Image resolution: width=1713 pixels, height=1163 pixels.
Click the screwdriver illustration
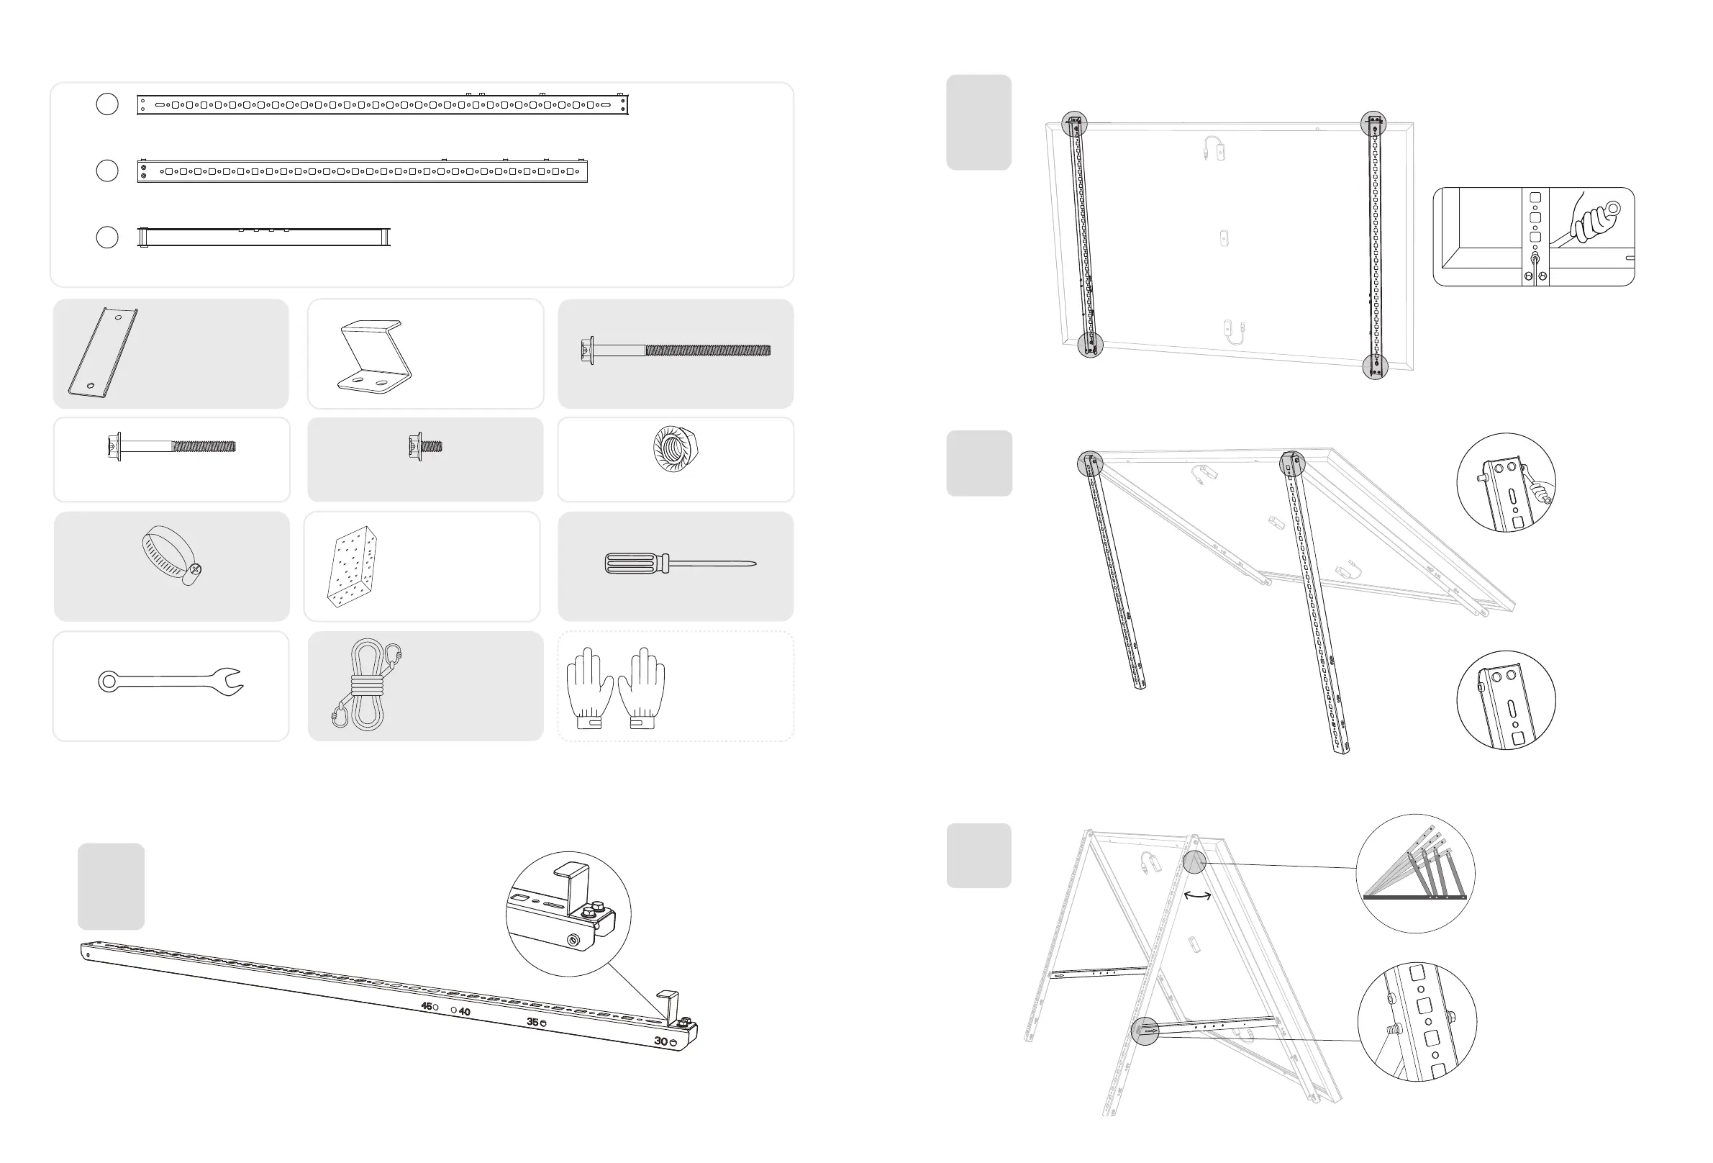click(680, 564)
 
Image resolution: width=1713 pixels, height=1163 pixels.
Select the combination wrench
click(171, 681)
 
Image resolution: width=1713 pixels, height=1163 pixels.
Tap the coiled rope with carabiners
click(366, 685)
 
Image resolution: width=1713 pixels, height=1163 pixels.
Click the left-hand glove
click(590, 687)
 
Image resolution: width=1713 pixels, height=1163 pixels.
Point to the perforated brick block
click(353, 566)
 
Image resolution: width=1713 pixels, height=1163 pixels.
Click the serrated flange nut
click(676, 448)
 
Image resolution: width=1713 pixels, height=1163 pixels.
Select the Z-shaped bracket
click(373, 355)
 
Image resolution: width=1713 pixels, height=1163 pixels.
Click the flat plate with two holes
click(102, 353)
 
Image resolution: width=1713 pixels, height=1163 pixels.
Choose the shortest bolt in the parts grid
click(424, 446)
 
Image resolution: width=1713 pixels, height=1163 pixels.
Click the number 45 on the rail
click(426, 1006)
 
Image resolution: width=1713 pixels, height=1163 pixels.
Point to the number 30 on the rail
click(660, 1041)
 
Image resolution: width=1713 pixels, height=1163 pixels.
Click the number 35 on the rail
click(532, 1022)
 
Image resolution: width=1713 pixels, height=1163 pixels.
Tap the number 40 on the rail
click(464, 1012)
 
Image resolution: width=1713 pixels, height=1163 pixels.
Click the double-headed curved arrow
click(1197, 896)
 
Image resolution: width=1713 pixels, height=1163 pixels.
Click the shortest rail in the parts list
click(264, 237)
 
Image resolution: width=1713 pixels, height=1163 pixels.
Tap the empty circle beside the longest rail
click(107, 104)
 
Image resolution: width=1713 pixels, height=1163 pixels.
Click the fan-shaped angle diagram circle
click(1415, 874)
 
